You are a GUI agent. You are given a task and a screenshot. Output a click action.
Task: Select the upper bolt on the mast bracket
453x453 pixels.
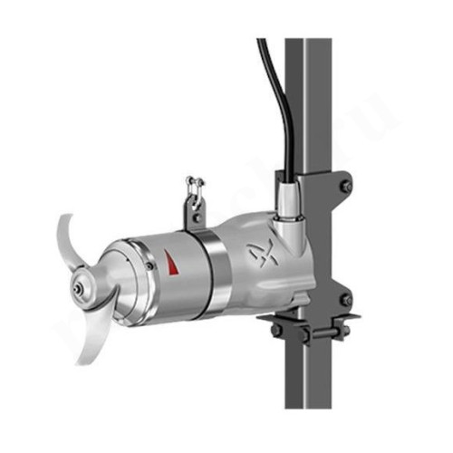345,186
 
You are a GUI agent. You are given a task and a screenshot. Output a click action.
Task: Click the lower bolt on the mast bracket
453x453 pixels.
345,299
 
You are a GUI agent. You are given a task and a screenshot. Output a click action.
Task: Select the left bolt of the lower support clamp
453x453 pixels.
275,331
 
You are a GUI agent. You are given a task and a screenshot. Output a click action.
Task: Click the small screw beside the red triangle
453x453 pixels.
149,265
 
